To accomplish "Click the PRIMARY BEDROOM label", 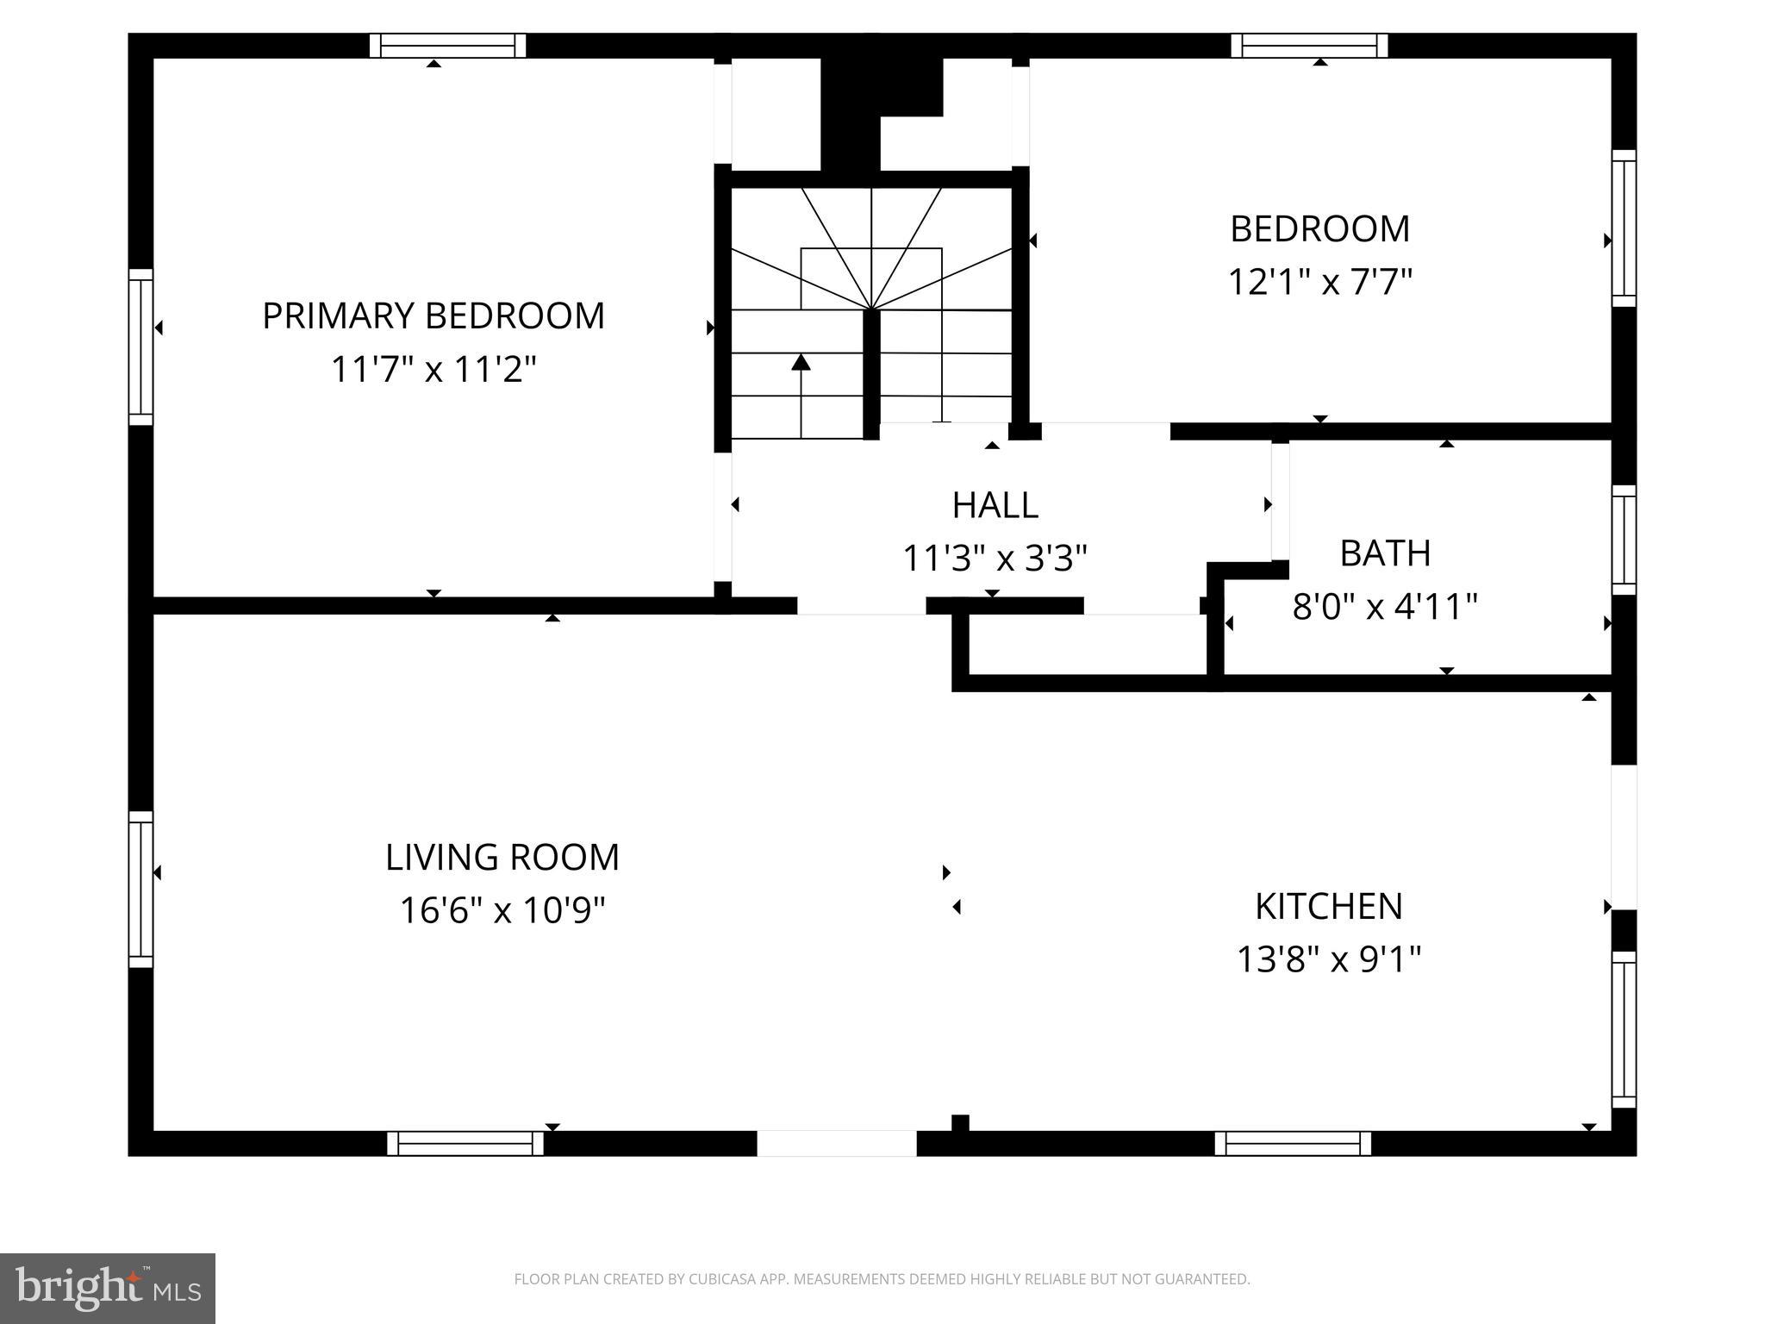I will (x=433, y=315).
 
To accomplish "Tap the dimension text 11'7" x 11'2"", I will (x=433, y=370).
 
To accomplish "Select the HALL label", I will (x=995, y=505).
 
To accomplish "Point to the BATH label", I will (x=1385, y=553).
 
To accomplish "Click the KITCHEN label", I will (x=1328, y=906).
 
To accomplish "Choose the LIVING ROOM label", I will (x=502, y=857).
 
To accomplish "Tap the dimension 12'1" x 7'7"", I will (x=1319, y=282).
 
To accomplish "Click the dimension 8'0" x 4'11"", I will (x=1384, y=607).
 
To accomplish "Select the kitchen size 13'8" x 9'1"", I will (x=1328, y=959).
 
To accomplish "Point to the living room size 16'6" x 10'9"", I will (x=502, y=910).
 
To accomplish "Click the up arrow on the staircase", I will (x=801, y=363).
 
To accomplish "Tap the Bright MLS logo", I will (x=107, y=1288).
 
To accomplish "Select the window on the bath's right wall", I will (x=1624, y=540).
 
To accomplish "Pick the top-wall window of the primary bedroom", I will (x=447, y=46).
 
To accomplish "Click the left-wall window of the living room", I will (x=140, y=889).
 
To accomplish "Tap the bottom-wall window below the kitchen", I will (x=1292, y=1143).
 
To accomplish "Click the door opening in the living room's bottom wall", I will (x=836, y=1143).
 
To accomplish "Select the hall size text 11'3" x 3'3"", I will (x=995, y=559).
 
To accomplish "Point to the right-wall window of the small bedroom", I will (x=1624, y=228).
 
